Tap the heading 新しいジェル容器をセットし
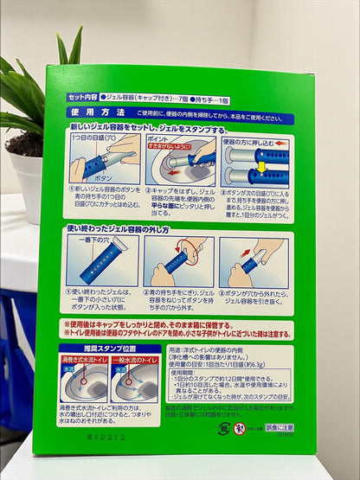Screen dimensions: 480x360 121,128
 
